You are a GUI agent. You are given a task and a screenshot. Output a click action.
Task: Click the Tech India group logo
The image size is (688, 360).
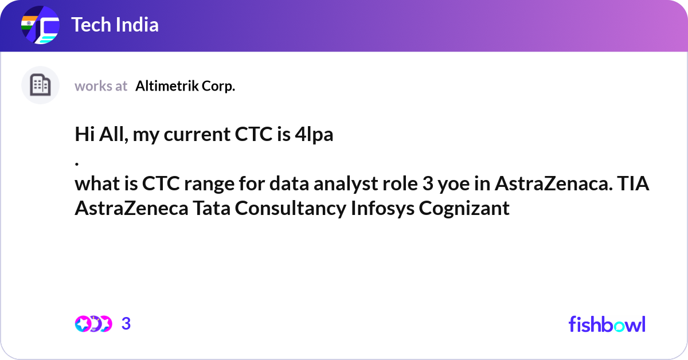coord(40,25)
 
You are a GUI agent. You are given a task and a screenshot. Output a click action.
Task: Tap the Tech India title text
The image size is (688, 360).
coord(115,25)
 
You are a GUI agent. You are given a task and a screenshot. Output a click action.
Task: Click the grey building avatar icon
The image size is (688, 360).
coord(40,85)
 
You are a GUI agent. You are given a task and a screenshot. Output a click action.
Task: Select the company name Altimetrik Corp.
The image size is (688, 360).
coord(185,86)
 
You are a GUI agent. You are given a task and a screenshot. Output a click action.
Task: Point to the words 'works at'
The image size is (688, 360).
coord(101,86)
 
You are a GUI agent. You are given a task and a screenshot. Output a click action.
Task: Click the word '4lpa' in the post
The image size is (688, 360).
coord(314,135)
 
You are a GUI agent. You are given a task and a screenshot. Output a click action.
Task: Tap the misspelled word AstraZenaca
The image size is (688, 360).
coord(553,183)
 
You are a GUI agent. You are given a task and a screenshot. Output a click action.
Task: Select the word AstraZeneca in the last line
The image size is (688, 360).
coord(131,208)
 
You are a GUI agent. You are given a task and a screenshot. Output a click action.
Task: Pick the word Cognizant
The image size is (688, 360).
coord(464,209)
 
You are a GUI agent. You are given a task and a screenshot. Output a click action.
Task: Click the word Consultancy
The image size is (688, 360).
coord(291,209)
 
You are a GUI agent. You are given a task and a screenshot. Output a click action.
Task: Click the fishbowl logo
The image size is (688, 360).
coord(607,324)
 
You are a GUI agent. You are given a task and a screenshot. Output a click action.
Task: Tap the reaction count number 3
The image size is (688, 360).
coord(126,324)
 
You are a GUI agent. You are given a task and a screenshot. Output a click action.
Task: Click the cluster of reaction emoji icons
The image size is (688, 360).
coord(93,324)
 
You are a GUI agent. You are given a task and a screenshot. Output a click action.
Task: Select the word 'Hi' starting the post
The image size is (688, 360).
coord(84,134)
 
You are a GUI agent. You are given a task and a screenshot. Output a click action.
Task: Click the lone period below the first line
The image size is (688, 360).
coord(77,164)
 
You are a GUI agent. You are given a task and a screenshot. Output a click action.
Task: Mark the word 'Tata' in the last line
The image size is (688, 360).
coord(212,208)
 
